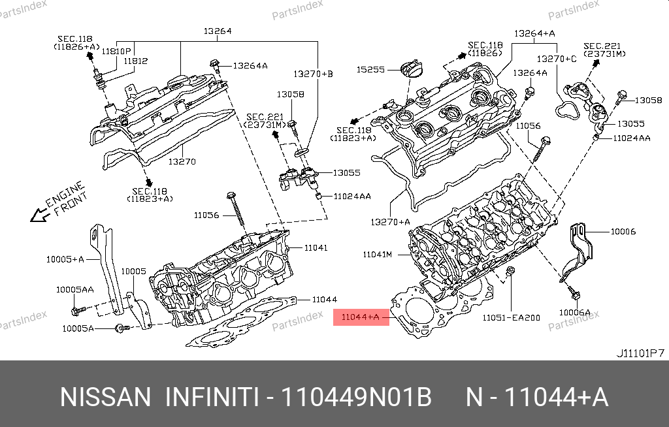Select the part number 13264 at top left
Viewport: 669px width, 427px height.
click(218, 31)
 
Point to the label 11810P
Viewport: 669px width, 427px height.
click(120, 50)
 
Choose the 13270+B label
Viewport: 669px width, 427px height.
click(313, 74)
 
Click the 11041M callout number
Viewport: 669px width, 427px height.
click(378, 253)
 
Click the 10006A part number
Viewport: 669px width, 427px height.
click(574, 312)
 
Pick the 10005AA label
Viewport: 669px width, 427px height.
click(74, 289)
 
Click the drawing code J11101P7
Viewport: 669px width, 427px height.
click(640, 353)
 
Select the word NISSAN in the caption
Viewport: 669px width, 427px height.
click(105, 397)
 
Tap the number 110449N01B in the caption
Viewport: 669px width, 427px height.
click(357, 397)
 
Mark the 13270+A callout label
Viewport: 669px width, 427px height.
click(390, 222)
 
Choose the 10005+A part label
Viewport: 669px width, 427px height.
click(65, 259)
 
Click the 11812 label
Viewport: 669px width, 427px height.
click(136, 61)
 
